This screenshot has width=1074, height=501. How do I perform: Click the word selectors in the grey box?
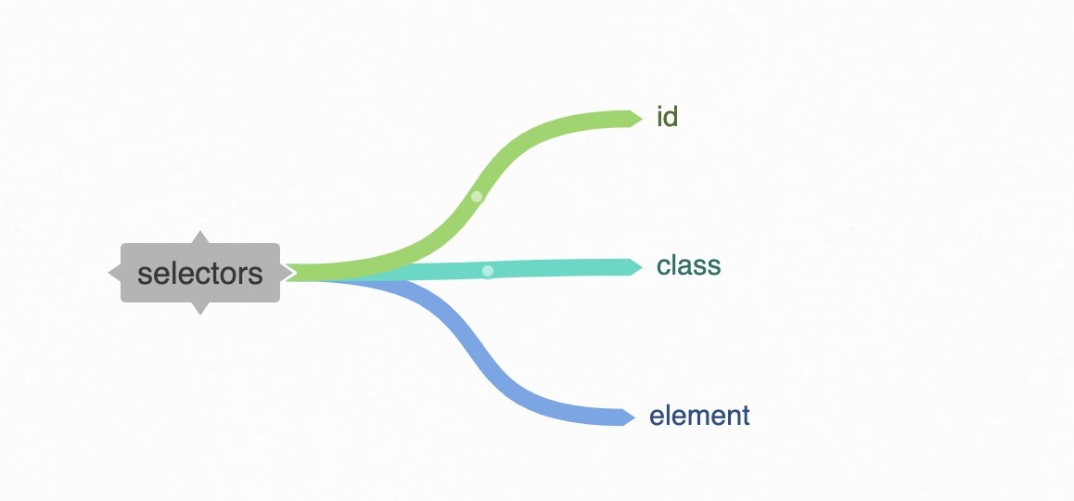click(200, 274)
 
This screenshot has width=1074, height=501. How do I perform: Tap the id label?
click(667, 118)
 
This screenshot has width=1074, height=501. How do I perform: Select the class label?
click(688, 266)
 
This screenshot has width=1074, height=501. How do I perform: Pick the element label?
click(699, 416)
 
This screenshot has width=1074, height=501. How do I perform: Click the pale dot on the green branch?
click(477, 197)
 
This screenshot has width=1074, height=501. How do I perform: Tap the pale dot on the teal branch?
click(488, 271)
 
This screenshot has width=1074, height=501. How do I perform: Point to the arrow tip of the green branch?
click(638, 118)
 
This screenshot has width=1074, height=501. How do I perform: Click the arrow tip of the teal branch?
click(638, 267)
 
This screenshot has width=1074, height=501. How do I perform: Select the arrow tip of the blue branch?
click(632, 417)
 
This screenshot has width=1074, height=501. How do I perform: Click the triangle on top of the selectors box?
click(200, 238)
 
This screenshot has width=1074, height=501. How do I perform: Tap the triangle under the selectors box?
click(200, 308)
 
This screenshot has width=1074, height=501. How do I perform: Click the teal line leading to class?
click(556, 268)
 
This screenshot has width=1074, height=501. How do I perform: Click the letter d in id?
click(671, 118)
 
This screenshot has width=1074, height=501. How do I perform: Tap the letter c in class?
click(663, 267)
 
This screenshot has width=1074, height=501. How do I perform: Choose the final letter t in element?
click(746, 416)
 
